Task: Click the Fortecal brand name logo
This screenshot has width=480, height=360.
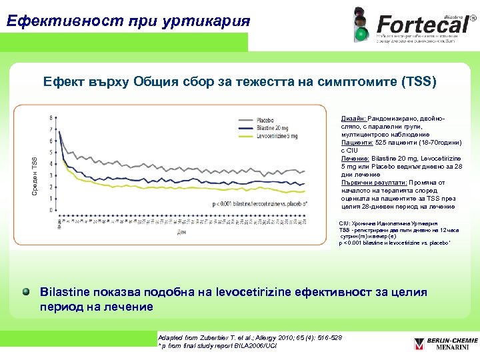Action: [x=420, y=25]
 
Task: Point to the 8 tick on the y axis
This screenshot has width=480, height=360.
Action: [x=51, y=118]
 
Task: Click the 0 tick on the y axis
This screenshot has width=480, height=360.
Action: [x=51, y=210]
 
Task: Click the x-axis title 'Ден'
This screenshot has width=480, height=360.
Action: [x=181, y=233]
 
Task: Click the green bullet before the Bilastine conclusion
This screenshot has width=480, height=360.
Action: [x=25, y=292]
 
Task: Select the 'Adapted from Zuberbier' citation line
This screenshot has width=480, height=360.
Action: [x=247, y=338]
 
